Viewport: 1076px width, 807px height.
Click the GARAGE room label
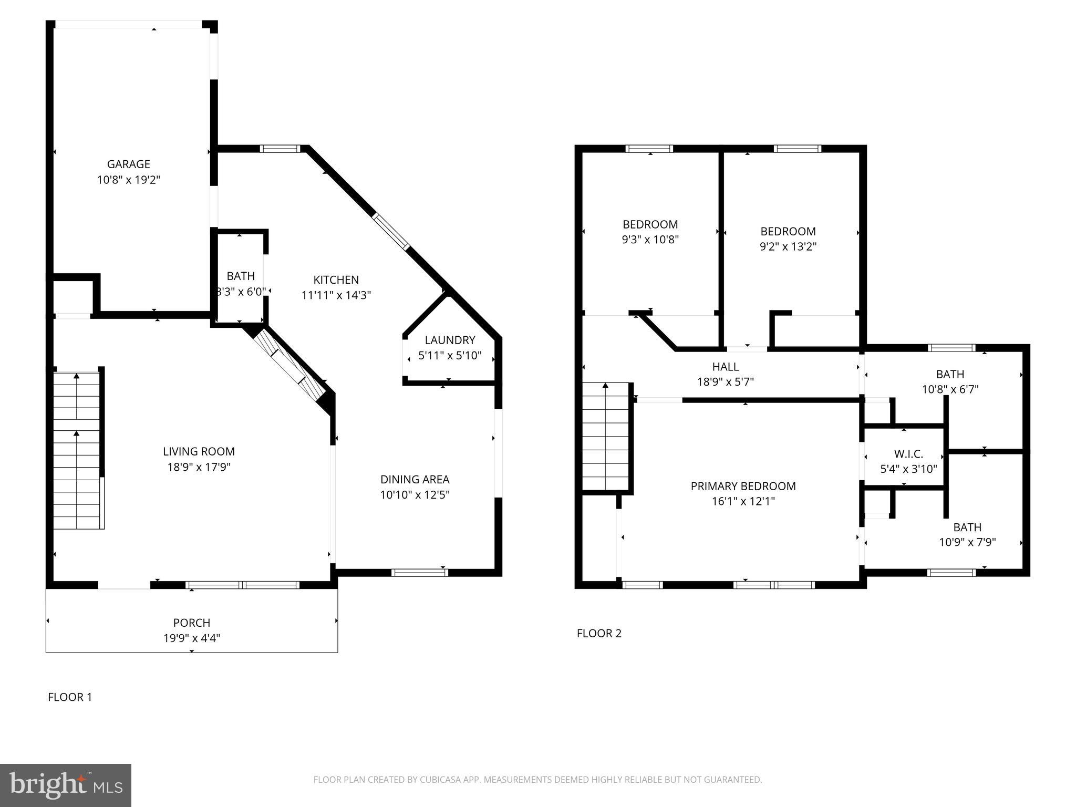(x=128, y=164)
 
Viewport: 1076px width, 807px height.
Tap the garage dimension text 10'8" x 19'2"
(x=128, y=180)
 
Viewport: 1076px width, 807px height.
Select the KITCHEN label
(x=336, y=280)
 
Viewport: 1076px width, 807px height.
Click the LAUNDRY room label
(x=450, y=340)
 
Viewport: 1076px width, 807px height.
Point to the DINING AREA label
(x=415, y=479)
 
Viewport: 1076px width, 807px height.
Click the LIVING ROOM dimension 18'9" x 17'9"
(x=199, y=467)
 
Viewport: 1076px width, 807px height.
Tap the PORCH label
(x=191, y=623)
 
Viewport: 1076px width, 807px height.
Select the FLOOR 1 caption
(x=70, y=697)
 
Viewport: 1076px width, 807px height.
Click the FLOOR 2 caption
(x=599, y=633)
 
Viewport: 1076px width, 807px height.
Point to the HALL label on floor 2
(x=725, y=367)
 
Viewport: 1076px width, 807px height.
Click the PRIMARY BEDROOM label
(x=743, y=486)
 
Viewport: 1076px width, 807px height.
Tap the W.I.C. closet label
(x=908, y=454)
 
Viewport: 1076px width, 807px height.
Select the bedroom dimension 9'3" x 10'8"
(x=650, y=240)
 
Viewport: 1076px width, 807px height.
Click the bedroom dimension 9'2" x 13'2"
(x=788, y=246)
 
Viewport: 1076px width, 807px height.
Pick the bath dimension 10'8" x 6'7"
(x=950, y=389)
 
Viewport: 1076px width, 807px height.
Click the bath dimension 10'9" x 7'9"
(x=967, y=542)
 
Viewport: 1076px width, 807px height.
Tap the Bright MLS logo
(x=66, y=785)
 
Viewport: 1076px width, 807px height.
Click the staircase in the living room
(x=77, y=450)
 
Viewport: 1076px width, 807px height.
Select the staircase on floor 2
(x=605, y=436)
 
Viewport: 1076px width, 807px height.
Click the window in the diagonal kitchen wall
(x=391, y=231)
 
